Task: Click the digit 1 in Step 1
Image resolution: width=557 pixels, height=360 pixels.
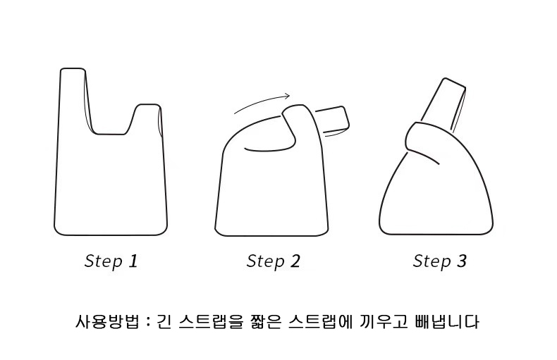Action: [133, 261]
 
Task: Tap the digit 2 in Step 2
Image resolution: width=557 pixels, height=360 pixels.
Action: [295, 261]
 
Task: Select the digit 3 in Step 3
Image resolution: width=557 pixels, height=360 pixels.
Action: [461, 261]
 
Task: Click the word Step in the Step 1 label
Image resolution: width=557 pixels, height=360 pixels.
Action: [104, 261]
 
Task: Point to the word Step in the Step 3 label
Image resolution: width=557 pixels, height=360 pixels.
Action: [432, 261]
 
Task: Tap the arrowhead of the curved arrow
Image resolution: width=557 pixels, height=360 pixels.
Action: [287, 95]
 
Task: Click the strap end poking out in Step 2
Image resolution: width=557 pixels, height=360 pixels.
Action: [333, 120]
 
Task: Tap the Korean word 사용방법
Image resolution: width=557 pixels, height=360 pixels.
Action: [107, 322]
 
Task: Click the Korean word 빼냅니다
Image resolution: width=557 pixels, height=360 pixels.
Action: [446, 322]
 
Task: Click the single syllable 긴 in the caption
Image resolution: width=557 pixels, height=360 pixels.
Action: [164, 322]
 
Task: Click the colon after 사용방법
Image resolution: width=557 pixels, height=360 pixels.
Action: [149, 323]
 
